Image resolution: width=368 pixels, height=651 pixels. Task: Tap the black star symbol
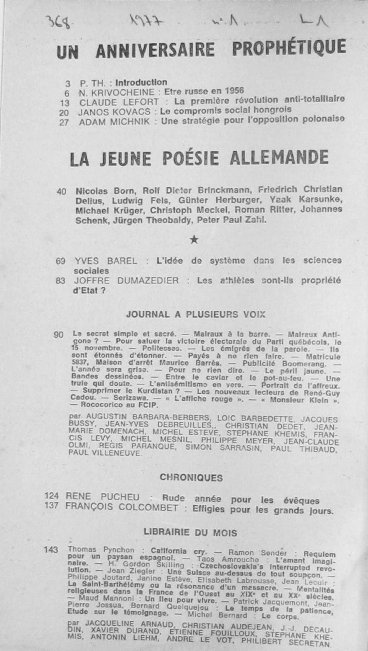(194, 240)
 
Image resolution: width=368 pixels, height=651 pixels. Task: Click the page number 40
(61, 192)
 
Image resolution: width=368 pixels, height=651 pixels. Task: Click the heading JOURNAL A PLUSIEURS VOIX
(196, 314)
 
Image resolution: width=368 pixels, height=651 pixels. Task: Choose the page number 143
(51, 550)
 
